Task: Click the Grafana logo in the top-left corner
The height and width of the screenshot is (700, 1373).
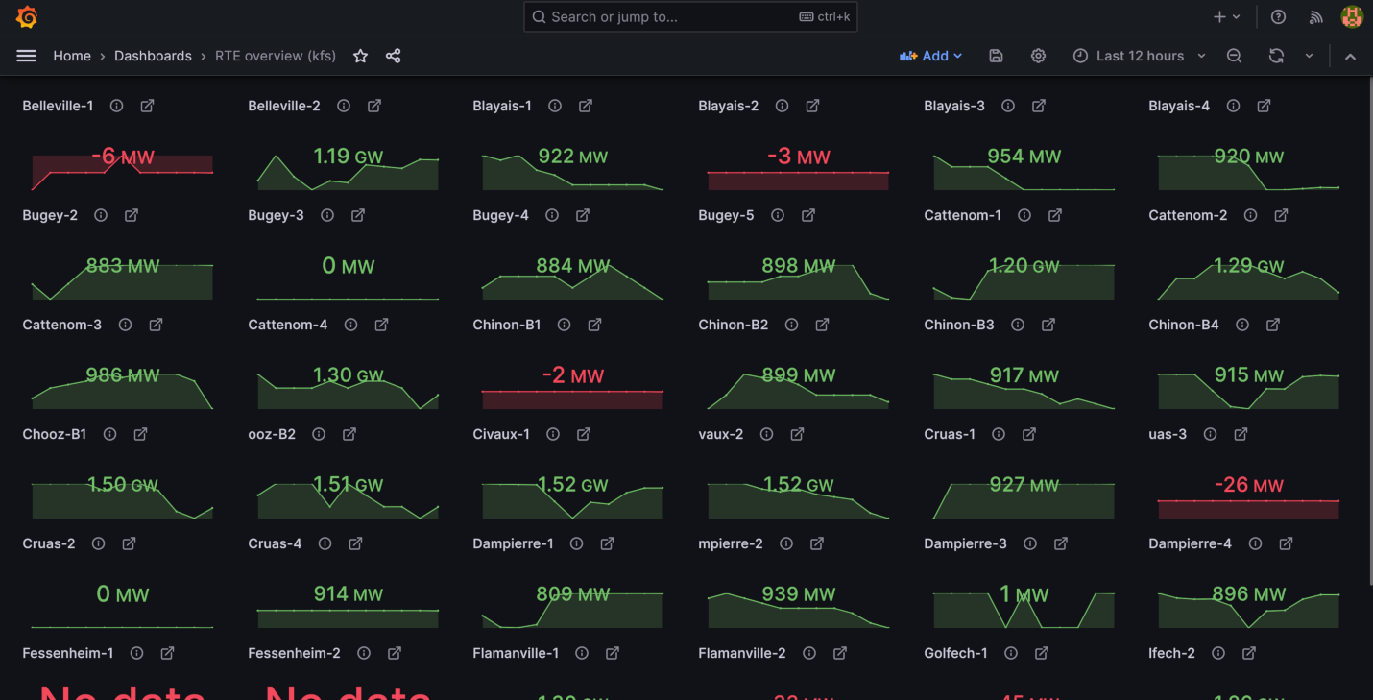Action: click(27, 17)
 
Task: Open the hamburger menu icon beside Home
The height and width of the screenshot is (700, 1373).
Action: click(26, 56)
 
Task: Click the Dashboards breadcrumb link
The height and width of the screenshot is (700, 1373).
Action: click(153, 56)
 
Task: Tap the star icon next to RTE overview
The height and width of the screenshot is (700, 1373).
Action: click(360, 56)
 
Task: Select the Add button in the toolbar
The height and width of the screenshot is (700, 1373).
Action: click(930, 56)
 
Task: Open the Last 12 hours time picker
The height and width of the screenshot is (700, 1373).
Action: click(1139, 56)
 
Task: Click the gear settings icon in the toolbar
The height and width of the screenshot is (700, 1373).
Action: click(1038, 56)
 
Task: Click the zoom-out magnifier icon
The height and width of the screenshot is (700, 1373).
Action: click(1234, 56)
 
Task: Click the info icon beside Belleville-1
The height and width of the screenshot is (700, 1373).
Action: click(116, 106)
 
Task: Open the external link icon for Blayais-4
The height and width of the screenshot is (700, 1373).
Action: click(1264, 106)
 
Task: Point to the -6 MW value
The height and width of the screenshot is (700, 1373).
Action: click(123, 157)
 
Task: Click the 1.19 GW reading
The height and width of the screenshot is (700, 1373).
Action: click(348, 157)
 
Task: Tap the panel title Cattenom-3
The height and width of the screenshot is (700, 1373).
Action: click(61, 325)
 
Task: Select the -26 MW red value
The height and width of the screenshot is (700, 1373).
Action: click(1248, 485)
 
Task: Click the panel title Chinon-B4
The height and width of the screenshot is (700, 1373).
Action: click(1183, 325)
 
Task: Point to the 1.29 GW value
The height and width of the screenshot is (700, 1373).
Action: click(1248, 266)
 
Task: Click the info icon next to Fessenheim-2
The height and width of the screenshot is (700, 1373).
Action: click(363, 653)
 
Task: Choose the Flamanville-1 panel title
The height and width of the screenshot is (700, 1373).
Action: click(516, 653)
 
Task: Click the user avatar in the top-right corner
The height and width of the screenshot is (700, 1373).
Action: click(1352, 17)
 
